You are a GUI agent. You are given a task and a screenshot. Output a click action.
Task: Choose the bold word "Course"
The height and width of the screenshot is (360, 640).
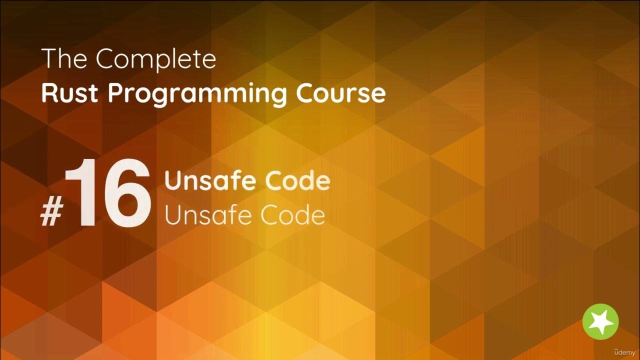point(340,93)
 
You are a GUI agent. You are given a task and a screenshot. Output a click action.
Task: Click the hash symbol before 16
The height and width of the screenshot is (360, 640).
point(50,214)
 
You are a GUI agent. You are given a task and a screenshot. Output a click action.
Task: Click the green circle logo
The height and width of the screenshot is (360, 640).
point(600,321)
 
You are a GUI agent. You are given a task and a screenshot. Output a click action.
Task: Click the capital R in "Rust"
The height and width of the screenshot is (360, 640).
point(48,93)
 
